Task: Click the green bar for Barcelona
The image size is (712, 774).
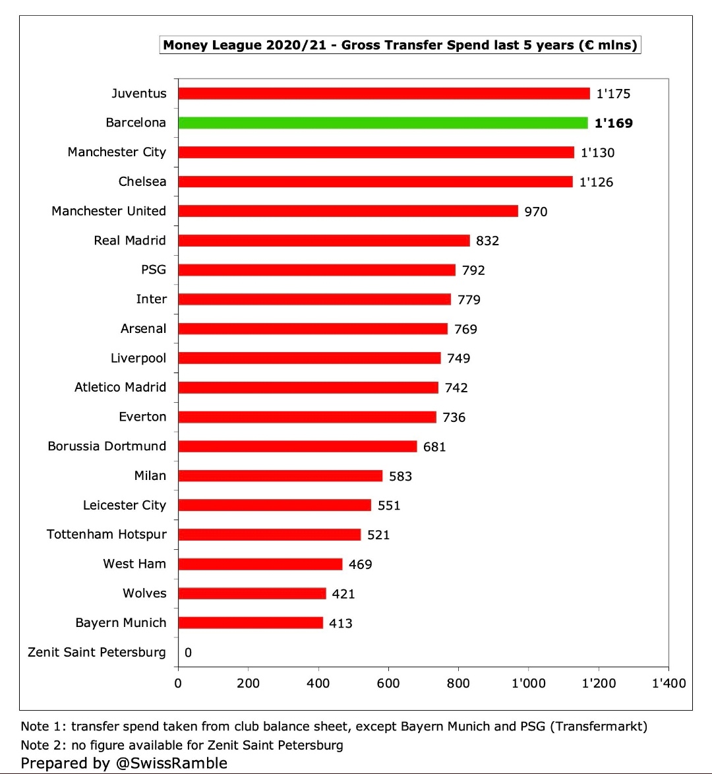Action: click(382, 123)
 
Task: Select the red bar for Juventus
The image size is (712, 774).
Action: click(384, 94)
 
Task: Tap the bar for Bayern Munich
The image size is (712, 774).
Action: click(251, 623)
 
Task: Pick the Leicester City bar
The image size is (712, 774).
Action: click(274, 505)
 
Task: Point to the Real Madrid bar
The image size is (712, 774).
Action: click(324, 241)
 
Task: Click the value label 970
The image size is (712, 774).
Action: click(535, 212)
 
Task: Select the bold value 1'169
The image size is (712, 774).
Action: click(613, 123)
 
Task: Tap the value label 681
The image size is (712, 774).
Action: click(434, 447)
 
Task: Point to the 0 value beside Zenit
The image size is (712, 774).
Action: click(188, 653)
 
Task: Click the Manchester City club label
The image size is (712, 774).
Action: click(117, 152)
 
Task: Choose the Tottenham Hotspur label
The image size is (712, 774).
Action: click(107, 534)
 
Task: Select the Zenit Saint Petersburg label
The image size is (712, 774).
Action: click(97, 652)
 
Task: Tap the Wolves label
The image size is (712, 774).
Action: click(144, 593)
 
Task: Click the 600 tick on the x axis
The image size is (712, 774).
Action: click(388, 683)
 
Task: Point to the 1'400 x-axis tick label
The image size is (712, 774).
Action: click(668, 683)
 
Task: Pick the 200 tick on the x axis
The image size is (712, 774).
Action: click(248, 683)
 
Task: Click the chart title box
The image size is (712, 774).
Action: click(400, 45)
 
